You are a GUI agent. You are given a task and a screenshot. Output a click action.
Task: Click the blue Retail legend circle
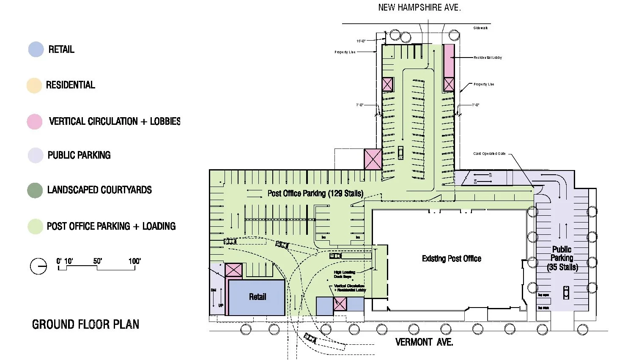(36, 49)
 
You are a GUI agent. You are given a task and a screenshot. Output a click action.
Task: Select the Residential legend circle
(34, 85)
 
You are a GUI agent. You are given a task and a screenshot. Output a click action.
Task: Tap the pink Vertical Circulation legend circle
(35, 121)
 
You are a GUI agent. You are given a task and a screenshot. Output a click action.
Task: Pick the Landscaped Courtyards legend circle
(35, 190)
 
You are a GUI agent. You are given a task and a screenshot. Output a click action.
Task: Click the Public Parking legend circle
(35, 155)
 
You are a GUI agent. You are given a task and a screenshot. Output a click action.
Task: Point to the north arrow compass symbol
(38, 266)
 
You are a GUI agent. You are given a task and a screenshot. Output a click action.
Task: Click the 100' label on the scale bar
(134, 261)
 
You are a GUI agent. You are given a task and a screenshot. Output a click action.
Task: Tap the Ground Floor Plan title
(85, 324)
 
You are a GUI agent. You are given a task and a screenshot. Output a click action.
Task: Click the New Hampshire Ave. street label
(419, 7)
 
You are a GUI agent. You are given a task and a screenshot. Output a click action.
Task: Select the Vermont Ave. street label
(424, 342)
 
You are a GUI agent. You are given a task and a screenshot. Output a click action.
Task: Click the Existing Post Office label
(451, 258)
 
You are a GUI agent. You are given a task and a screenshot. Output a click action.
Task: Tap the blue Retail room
(257, 297)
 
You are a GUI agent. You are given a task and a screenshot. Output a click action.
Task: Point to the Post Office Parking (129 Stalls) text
(315, 193)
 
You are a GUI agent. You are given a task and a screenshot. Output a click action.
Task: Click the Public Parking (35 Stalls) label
(562, 258)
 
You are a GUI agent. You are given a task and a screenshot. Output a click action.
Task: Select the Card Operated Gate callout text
(489, 154)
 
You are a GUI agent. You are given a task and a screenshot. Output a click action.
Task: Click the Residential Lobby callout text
(488, 58)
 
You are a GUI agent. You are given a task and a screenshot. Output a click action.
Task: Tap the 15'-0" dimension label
(361, 41)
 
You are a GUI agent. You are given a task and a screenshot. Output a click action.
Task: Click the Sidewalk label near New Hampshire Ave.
(480, 28)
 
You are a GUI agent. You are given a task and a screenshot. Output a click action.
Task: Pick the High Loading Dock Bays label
(344, 274)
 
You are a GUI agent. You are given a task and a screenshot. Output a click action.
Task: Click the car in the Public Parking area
(566, 292)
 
